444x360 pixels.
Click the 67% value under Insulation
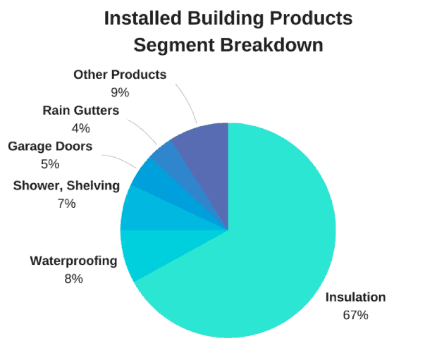355,315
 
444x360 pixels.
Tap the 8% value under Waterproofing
73,279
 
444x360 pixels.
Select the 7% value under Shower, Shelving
66,204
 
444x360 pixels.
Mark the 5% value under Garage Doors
50,164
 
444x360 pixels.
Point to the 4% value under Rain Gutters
81,128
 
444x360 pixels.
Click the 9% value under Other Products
120,92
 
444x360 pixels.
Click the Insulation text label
355,297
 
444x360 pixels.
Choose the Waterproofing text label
73,261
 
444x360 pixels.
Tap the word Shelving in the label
93,186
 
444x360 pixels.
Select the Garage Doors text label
50,147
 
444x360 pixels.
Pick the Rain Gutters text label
81,111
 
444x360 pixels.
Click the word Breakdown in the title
271,45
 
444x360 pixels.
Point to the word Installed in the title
143,18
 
